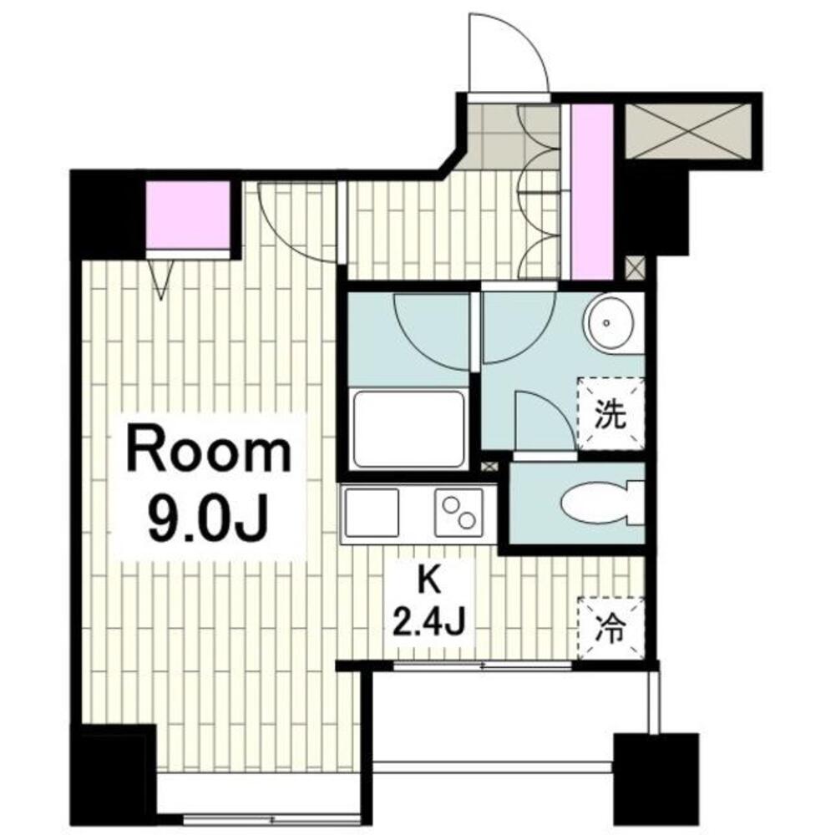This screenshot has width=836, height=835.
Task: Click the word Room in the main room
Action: (x=209, y=453)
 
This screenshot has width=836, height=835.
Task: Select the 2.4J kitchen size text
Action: (x=429, y=622)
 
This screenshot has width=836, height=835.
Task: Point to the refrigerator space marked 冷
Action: (x=611, y=629)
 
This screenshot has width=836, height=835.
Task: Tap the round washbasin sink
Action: (x=608, y=323)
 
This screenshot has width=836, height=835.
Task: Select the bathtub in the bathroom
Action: (x=408, y=430)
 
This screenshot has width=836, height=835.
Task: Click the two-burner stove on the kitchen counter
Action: (x=459, y=513)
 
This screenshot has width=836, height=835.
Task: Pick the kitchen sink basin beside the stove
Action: (x=372, y=513)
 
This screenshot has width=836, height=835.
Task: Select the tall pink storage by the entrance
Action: (x=592, y=192)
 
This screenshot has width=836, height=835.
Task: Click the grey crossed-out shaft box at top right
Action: (x=687, y=131)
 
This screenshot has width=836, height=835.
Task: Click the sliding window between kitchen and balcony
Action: (x=482, y=665)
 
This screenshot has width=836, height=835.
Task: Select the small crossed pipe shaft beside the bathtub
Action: (x=489, y=466)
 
